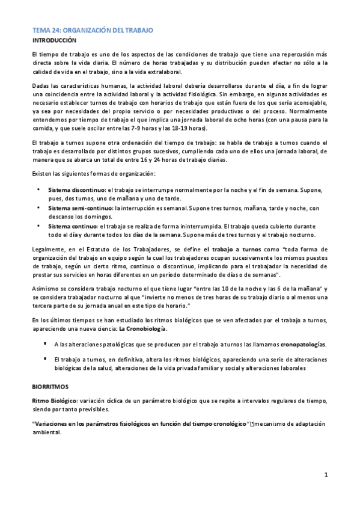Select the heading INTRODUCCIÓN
(x=54, y=40)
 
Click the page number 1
(x=326, y=475)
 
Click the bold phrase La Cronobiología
(x=143, y=329)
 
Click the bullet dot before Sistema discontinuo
(x=38, y=189)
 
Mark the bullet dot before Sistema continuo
(x=38, y=226)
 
